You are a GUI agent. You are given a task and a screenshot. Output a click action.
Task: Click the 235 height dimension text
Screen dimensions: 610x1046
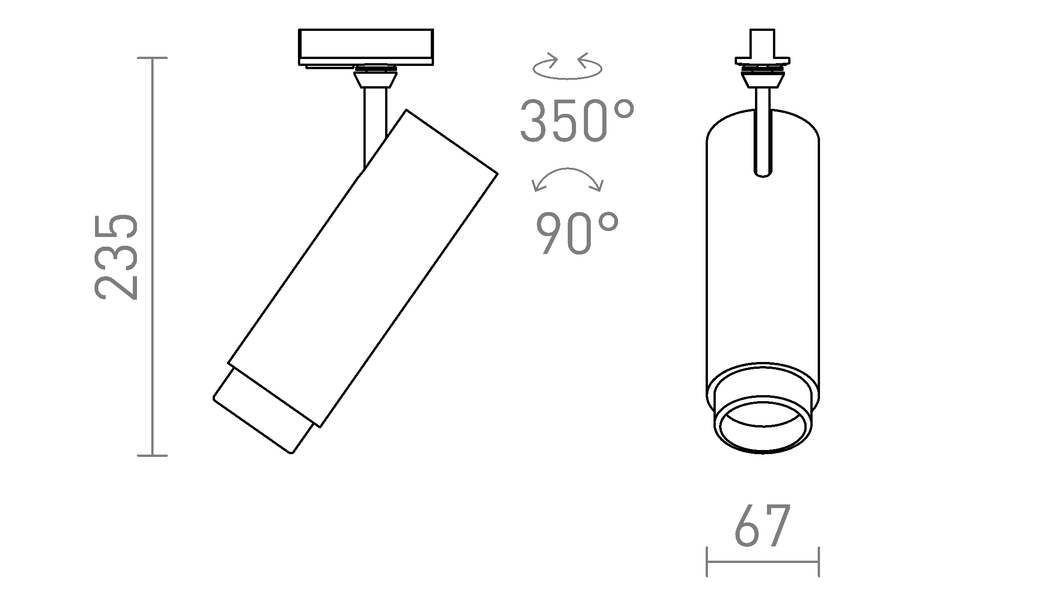[116, 257]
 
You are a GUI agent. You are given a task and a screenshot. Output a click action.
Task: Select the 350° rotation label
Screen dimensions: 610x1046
[576, 121]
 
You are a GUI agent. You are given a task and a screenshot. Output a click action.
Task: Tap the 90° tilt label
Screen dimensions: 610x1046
[576, 234]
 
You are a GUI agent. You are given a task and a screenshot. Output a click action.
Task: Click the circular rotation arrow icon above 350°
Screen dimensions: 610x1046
[567, 67]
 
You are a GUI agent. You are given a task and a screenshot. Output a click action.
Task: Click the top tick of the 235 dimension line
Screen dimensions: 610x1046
[152, 58]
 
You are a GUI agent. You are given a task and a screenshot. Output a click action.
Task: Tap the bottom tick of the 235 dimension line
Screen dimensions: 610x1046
[152, 456]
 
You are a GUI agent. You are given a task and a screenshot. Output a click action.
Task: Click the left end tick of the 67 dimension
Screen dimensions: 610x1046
[707, 561]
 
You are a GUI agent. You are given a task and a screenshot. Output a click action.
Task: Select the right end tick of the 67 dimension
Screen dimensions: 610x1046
[819, 561]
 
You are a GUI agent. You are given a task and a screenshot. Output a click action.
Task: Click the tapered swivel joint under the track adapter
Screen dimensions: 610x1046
[375, 80]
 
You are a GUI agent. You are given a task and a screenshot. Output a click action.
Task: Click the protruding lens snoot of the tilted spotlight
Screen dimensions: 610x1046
[263, 413]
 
